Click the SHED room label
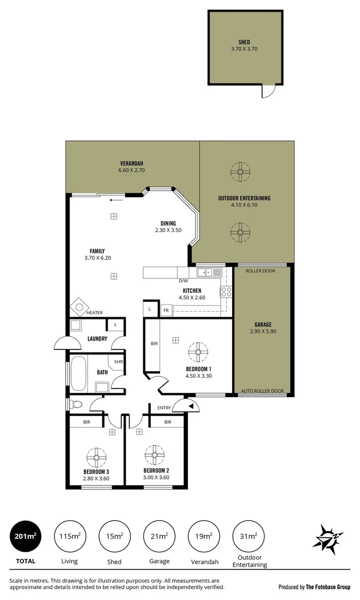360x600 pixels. click(x=244, y=42)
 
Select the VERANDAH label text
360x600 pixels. click(x=132, y=163)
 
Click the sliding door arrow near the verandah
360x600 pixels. click(x=116, y=200)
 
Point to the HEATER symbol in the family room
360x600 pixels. click(x=79, y=307)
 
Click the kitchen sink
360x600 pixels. click(x=209, y=272)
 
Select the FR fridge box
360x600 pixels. click(x=166, y=310)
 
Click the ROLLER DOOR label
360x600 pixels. click(x=261, y=272)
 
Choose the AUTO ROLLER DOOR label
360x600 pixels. click(x=262, y=391)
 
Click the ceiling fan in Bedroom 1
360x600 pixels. click(x=197, y=352)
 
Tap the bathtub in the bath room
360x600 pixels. click(x=78, y=373)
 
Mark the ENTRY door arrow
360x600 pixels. click(x=191, y=406)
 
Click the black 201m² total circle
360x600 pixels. click(x=26, y=536)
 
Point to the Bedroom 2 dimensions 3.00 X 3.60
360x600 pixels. click(x=156, y=477)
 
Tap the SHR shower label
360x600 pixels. click(x=118, y=362)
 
